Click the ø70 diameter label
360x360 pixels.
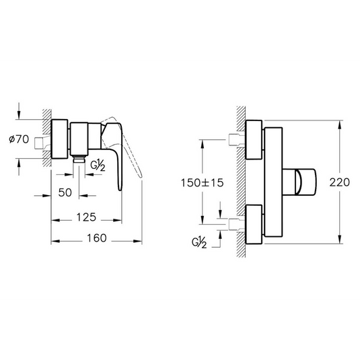pos(19,139)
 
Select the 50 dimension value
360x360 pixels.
pos(65,192)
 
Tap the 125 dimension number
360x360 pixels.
pos(86,217)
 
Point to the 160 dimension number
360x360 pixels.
pos(97,238)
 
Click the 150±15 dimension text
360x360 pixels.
pos(202,183)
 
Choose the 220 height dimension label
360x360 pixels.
pos(340,182)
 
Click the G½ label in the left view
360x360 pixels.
pos(98,166)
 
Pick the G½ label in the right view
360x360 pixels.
pos(199,242)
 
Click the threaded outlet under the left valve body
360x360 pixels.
pos(79,159)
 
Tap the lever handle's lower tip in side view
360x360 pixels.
pos(120,189)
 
